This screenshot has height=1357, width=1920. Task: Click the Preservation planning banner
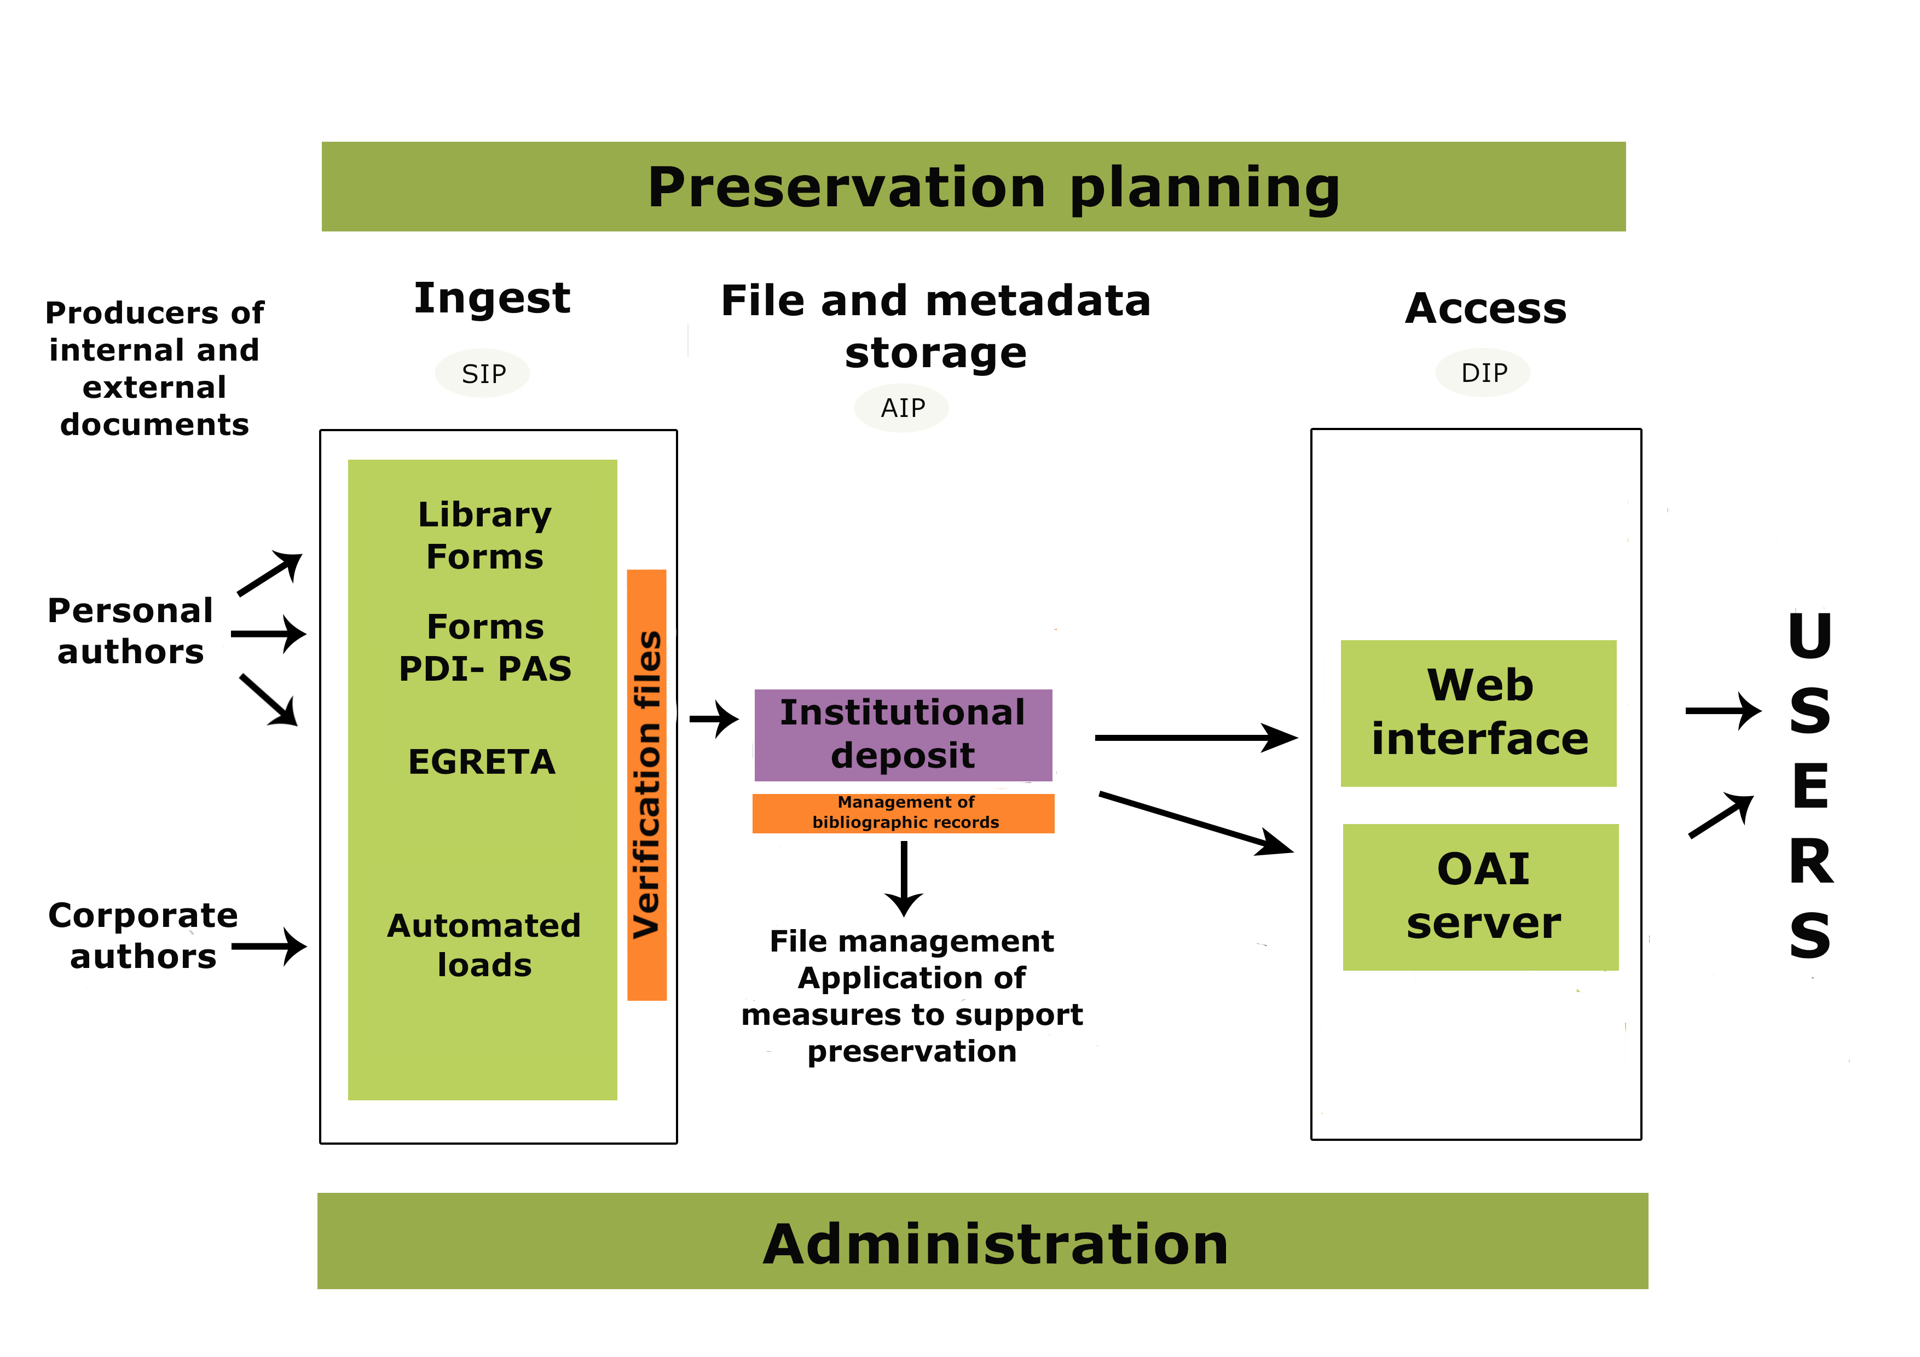[x=973, y=187]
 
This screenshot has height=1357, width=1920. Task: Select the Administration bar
[x=982, y=1241]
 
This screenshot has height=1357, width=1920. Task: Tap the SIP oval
[x=483, y=373]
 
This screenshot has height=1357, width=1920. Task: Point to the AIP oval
[x=901, y=408]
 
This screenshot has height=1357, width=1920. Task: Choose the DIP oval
[x=1483, y=372]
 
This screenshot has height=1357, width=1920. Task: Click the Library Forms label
[x=484, y=535]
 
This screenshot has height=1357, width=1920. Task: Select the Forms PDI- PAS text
[x=485, y=647]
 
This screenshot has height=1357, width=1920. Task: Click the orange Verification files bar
[x=646, y=784]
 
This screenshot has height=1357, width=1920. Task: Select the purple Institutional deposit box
[x=903, y=735]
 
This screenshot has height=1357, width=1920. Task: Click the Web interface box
[x=1478, y=713]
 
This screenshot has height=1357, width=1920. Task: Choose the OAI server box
[x=1481, y=896]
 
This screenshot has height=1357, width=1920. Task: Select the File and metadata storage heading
[x=936, y=326]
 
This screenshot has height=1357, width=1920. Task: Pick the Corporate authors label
[x=143, y=936]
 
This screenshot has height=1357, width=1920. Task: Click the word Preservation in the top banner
[x=846, y=187]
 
